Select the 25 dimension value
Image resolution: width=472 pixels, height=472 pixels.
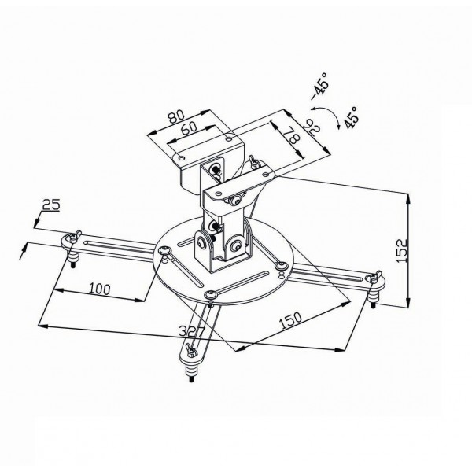click(51, 205)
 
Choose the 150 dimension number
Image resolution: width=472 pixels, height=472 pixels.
click(292, 319)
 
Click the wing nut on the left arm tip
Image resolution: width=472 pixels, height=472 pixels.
click(75, 236)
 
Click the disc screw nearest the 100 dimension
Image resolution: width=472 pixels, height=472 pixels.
click(164, 251)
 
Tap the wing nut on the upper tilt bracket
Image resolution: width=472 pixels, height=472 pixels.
click(253, 163)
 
